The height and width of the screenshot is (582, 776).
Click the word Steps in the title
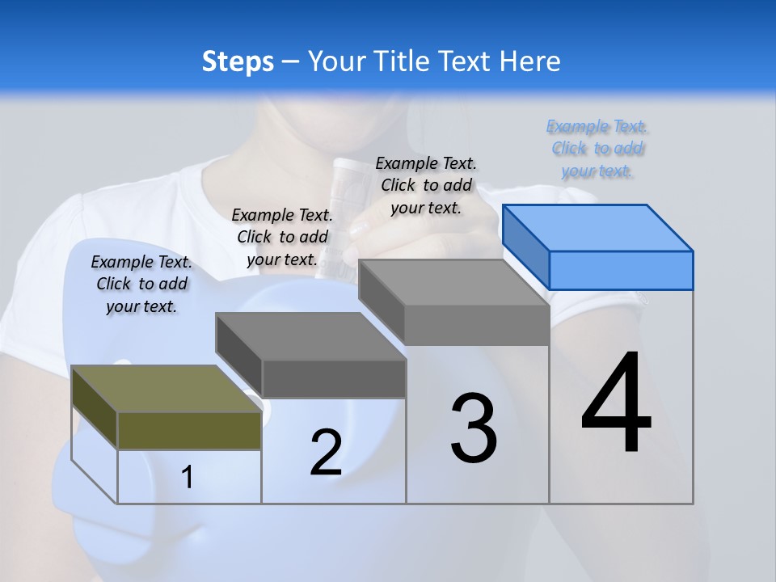coord(238,61)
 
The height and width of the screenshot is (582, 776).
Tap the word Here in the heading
coord(529,61)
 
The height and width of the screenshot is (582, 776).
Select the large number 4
coord(616,403)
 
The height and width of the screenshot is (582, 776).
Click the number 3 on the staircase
coord(474,428)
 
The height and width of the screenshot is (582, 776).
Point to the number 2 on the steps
coord(326,453)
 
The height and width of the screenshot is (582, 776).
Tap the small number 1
coord(188,477)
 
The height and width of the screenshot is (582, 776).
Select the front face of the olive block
coord(189,430)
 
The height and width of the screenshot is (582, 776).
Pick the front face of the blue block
coord(621,270)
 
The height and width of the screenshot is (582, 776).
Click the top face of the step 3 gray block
coord(453,283)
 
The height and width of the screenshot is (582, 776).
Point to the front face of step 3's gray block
coord(477,326)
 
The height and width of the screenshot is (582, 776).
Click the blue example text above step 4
coord(597,149)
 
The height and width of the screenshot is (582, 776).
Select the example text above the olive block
coord(141,284)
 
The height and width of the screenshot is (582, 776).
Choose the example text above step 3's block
coord(426,185)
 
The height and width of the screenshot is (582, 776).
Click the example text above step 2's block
coord(282,237)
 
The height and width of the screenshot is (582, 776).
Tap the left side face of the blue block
coord(525,246)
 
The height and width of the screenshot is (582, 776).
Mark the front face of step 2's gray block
coord(334,378)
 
